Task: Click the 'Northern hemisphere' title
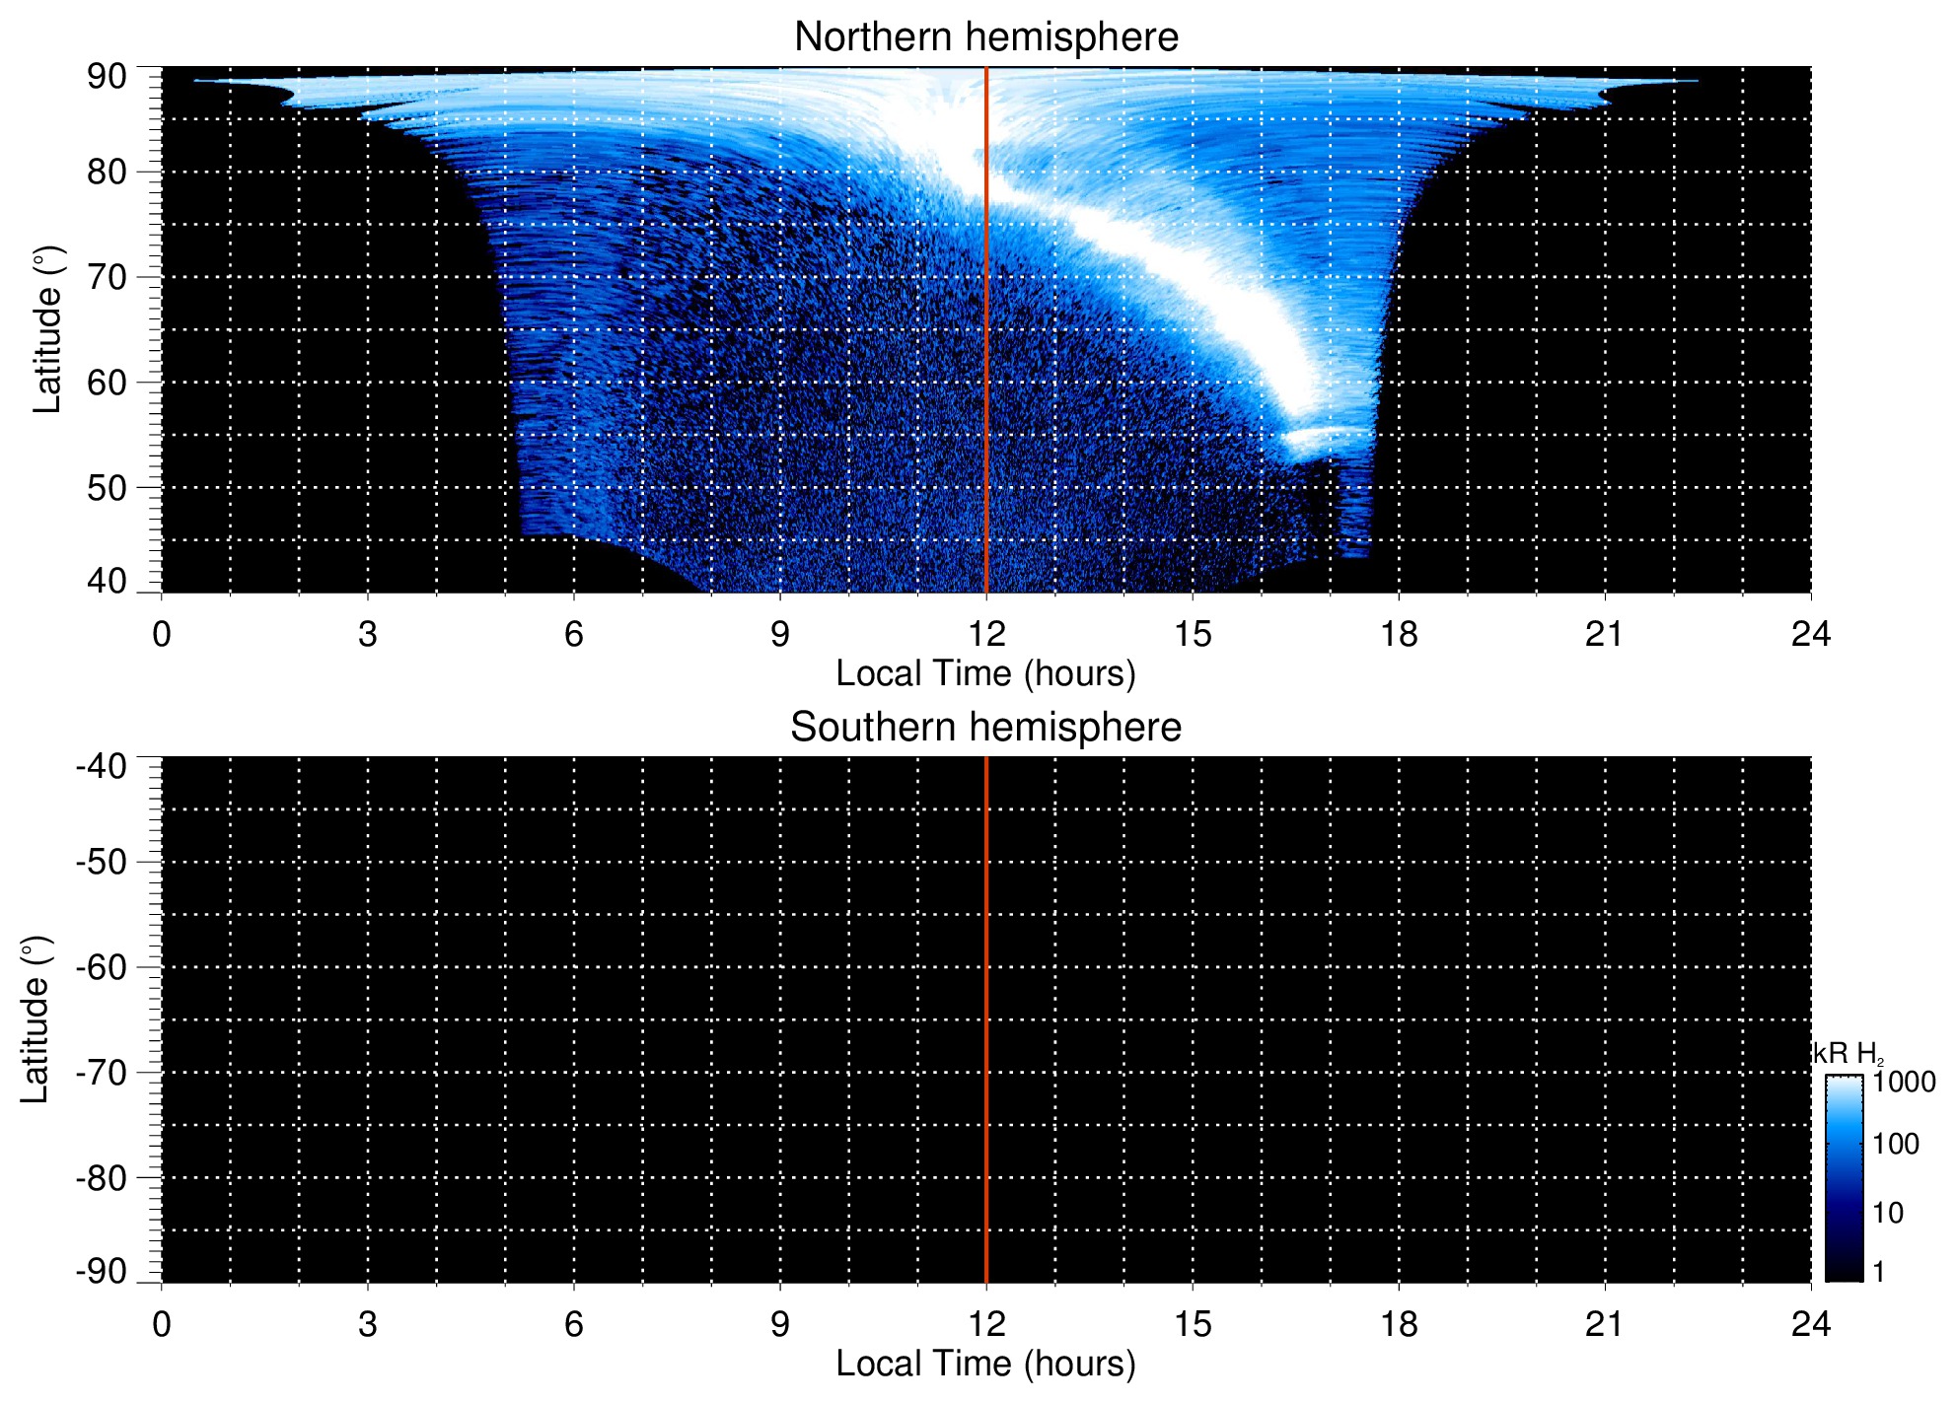pyautogui.click(x=985, y=37)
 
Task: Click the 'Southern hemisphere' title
pyautogui.click(x=985, y=728)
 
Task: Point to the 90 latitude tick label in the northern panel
pyautogui.click(x=107, y=77)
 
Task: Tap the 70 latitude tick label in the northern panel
pyautogui.click(x=107, y=277)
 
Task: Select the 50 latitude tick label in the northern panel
pyautogui.click(x=107, y=488)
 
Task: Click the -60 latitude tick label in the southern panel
pyautogui.click(x=102, y=967)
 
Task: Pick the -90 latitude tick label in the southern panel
pyautogui.click(x=102, y=1271)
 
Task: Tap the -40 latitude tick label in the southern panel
pyautogui.click(x=102, y=767)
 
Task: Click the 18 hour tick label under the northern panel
pyautogui.click(x=1398, y=634)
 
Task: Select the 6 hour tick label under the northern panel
pyautogui.click(x=574, y=634)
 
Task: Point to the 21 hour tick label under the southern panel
pyautogui.click(x=1604, y=1324)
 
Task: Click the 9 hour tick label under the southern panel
pyautogui.click(x=780, y=1324)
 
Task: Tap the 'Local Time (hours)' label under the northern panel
pyautogui.click(x=985, y=673)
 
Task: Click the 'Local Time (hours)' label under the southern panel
pyautogui.click(x=985, y=1364)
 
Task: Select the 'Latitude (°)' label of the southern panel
pyautogui.click(x=36, y=1019)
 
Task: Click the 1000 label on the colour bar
pyautogui.click(x=1904, y=1083)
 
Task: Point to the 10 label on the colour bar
pyautogui.click(x=1888, y=1213)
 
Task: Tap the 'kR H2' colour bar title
pyautogui.click(x=1847, y=1054)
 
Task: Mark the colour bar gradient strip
pyautogui.click(x=1844, y=1177)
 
